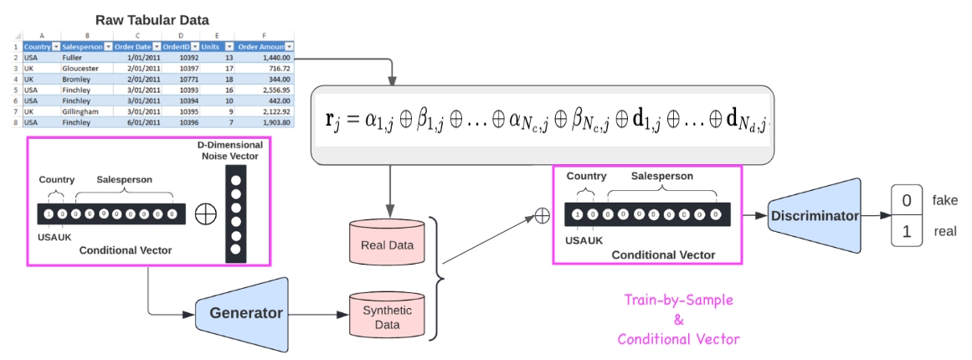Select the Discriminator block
pyautogui.click(x=815, y=216)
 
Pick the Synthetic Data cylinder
pyautogui.click(x=387, y=316)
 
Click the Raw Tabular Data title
pyautogui.click(x=152, y=19)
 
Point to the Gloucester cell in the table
pyautogui.click(x=80, y=68)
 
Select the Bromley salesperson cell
pyautogui.click(x=77, y=79)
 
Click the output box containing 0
pyautogui.click(x=906, y=201)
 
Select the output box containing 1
pyautogui.click(x=906, y=232)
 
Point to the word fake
pyautogui.click(x=944, y=201)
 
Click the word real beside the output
pyautogui.click(x=944, y=232)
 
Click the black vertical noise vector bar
pyautogui.click(x=236, y=214)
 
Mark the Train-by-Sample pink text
pyautogui.click(x=678, y=299)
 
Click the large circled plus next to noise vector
pyautogui.click(x=204, y=214)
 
